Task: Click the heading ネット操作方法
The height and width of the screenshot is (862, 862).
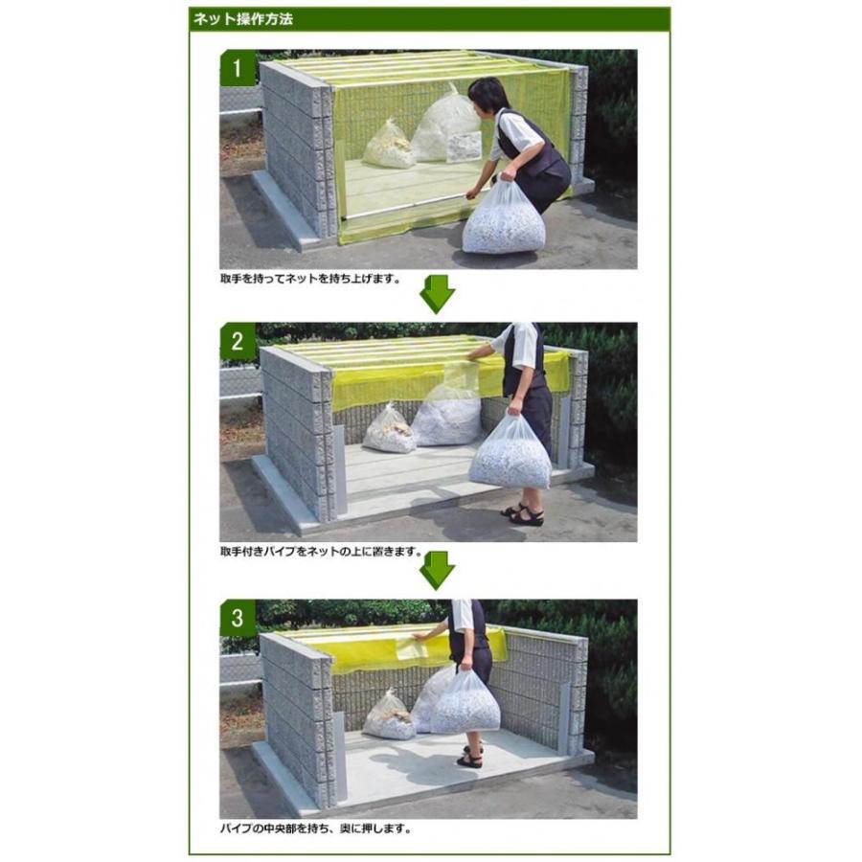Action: (243, 19)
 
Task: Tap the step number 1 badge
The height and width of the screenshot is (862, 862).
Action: (237, 68)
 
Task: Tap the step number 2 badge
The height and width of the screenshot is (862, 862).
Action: (237, 341)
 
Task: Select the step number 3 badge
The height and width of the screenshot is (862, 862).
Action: (237, 618)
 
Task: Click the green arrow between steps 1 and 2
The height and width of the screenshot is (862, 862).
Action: (437, 294)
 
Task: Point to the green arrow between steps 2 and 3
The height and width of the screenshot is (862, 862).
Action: (437, 571)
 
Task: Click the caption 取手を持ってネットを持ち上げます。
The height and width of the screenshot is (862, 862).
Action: (310, 279)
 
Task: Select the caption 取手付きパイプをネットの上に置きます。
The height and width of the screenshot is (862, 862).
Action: (321, 552)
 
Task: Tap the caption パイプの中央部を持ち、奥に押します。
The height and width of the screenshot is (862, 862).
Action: (315, 828)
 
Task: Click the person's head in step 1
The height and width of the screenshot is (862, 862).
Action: (488, 94)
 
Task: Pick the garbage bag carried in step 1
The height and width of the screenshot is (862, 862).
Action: (504, 218)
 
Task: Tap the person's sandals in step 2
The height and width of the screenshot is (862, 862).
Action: (523, 514)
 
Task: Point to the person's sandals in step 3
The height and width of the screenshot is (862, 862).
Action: (470, 757)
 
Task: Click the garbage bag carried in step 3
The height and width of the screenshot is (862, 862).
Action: (465, 703)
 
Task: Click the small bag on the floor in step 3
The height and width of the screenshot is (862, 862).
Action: (390, 715)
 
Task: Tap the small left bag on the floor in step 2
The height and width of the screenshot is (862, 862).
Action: (389, 429)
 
